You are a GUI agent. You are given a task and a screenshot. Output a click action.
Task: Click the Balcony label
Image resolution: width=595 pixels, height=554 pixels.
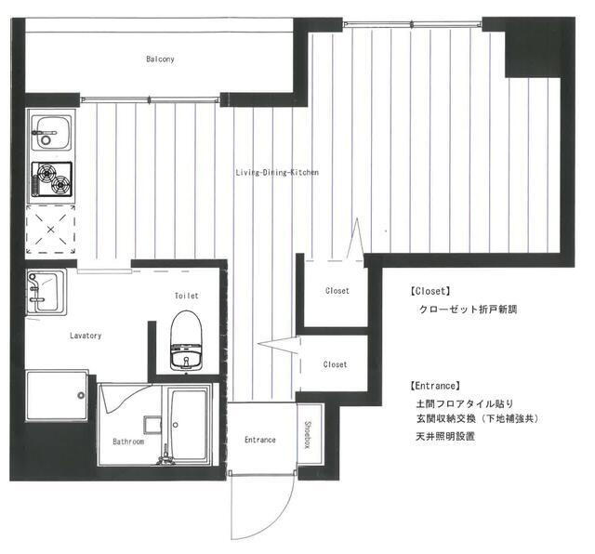pos(160,59)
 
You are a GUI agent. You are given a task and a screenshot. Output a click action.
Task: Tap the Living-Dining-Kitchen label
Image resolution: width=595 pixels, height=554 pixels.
pos(277,173)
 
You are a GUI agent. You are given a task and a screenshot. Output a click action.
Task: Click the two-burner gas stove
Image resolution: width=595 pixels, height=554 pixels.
pos(52,179)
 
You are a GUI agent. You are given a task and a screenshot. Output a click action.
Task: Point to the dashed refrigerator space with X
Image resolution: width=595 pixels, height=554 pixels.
pos(50,230)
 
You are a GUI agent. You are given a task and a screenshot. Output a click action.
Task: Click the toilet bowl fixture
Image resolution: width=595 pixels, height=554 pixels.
pos(186,340)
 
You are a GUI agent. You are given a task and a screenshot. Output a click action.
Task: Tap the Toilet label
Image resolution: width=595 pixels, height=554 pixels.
pos(186,296)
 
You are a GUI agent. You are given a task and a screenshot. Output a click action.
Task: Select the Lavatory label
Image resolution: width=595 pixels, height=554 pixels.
pos(86,336)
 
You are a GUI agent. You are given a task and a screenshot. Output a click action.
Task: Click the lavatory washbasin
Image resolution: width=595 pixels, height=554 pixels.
pos(46,292)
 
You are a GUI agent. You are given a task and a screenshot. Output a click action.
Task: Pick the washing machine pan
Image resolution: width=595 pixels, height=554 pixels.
pos(57,396)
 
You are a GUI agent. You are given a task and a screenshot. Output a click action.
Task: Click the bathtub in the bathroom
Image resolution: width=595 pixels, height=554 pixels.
pos(189,423)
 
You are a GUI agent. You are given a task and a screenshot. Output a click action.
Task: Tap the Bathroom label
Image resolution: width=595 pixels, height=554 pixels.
pos(128,442)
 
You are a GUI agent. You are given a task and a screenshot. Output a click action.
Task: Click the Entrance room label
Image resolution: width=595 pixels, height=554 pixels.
pos(260,440)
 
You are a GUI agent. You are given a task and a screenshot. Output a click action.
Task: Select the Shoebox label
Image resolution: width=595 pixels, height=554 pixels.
pos(308,435)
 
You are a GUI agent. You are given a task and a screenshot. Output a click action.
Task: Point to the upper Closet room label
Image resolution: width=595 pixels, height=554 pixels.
pos(337,291)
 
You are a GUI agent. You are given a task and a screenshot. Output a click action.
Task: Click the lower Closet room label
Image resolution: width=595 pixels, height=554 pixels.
pos(335,364)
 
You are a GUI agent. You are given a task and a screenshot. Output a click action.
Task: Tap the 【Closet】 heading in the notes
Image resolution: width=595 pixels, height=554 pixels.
pos(430,292)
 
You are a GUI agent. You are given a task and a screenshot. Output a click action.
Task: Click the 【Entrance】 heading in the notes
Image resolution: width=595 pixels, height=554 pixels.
pos(435,387)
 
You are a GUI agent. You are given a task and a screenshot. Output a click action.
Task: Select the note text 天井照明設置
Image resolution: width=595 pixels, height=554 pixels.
pos(445,436)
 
